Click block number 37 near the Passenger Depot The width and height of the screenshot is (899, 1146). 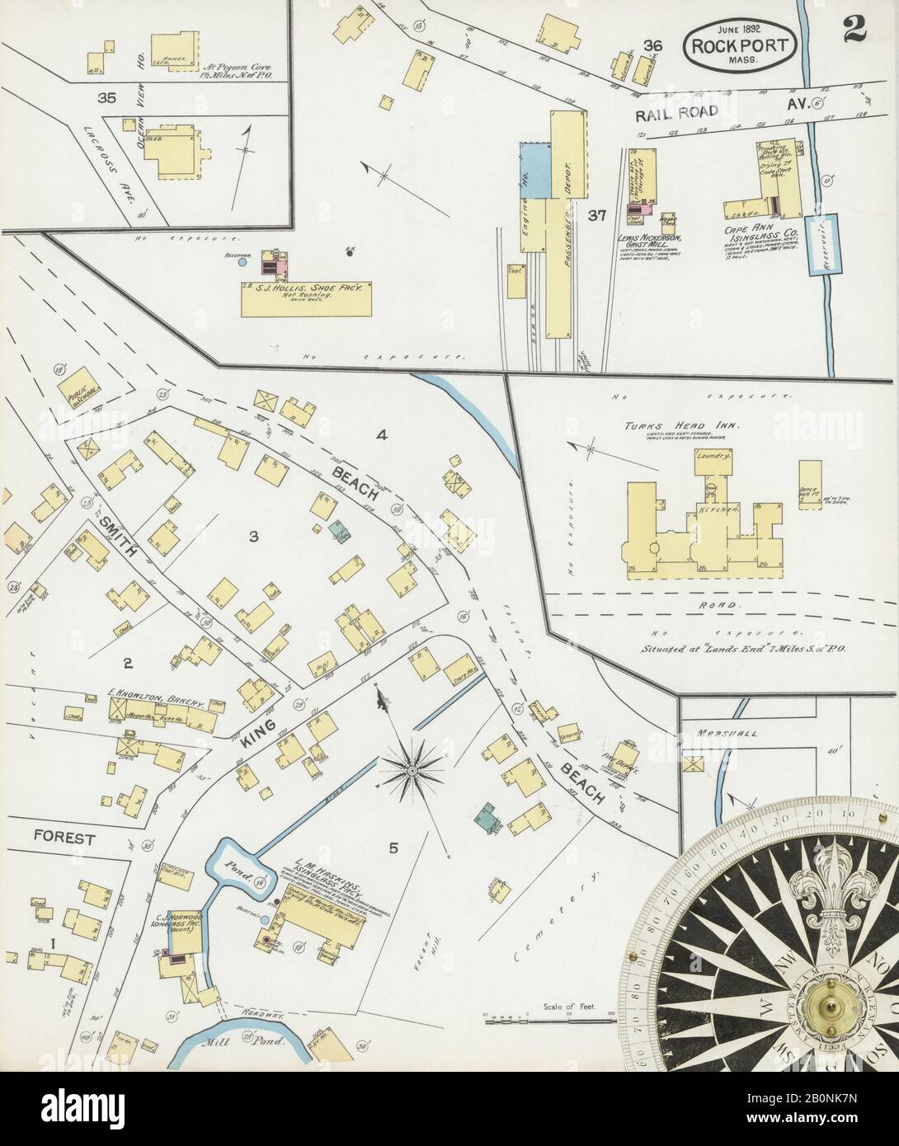(597, 216)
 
